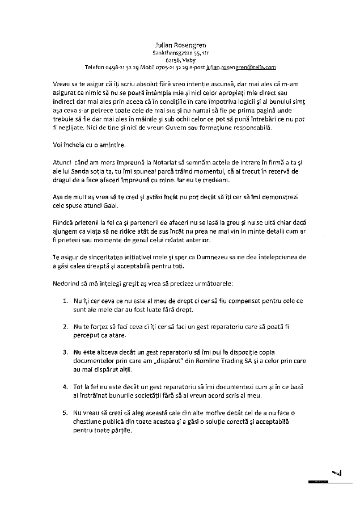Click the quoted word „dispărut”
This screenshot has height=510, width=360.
[179, 361]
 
